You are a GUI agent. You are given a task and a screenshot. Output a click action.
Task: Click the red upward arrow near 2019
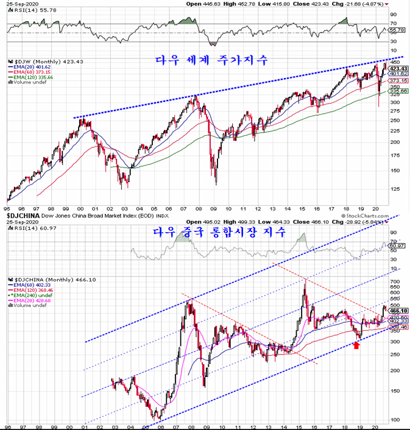[x=356, y=345]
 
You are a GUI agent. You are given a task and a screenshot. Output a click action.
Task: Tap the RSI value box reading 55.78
[x=397, y=30]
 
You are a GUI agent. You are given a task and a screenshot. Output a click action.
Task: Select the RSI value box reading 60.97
[x=397, y=245]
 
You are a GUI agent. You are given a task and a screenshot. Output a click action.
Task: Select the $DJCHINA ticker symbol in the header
[x=22, y=216]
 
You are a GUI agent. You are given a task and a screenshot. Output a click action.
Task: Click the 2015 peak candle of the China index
[x=305, y=281]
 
